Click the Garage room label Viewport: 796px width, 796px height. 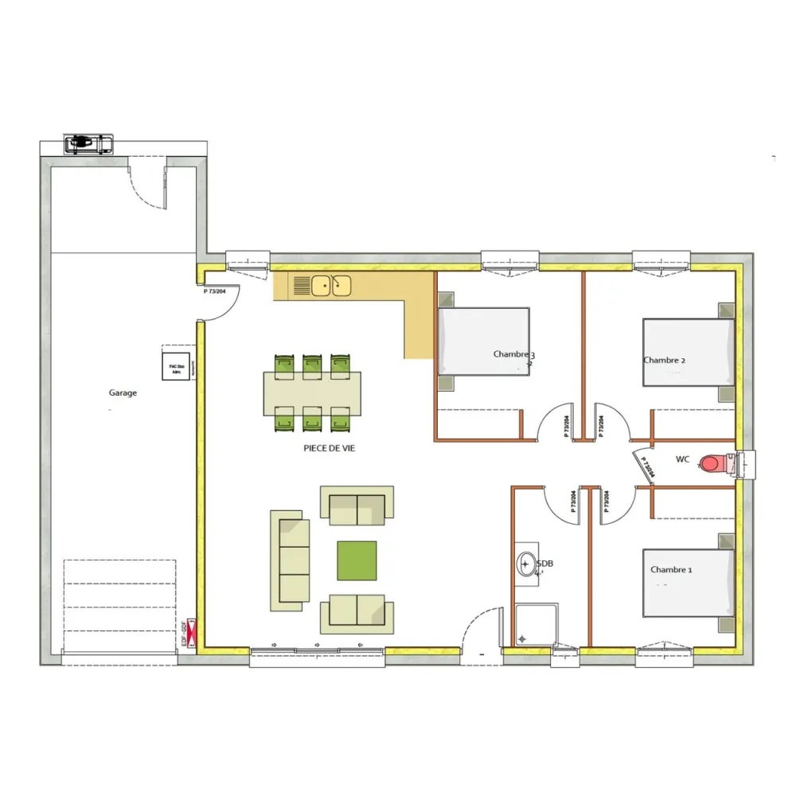[x=123, y=392]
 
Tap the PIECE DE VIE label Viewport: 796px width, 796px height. [x=329, y=449]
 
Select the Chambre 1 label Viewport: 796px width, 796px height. [x=671, y=570]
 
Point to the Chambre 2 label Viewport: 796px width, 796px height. [x=664, y=360]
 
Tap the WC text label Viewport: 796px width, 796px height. [x=682, y=459]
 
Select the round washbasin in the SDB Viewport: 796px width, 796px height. [x=526, y=564]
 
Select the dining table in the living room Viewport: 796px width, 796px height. [x=313, y=393]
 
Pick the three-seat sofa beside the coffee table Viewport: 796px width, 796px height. [x=290, y=560]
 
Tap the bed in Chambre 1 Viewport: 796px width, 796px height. [x=688, y=583]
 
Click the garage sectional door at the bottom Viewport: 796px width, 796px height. [x=119, y=605]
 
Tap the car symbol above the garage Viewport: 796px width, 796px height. [x=88, y=144]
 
